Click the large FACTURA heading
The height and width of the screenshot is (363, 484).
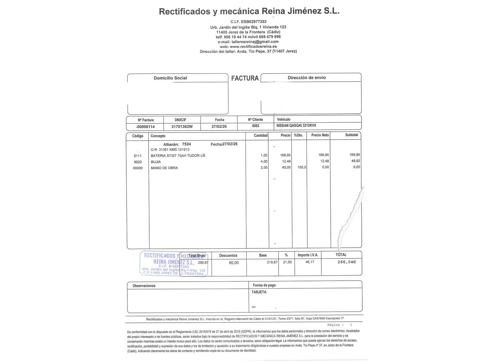(245, 78)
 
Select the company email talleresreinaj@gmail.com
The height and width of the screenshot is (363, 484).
(255, 42)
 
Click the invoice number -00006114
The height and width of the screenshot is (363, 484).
(145, 127)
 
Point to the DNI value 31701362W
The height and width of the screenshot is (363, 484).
(182, 127)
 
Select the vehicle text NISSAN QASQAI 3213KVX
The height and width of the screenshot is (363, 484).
(296, 126)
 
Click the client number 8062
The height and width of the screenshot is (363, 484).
(255, 126)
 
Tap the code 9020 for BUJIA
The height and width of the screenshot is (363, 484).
(138, 162)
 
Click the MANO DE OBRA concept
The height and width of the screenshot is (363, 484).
(164, 168)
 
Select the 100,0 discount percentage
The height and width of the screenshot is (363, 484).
(301, 167)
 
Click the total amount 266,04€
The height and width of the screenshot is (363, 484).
(347, 262)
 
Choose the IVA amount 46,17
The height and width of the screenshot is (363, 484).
(310, 262)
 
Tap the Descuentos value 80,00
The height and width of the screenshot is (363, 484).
(234, 263)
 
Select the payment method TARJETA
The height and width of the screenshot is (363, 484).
(259, 292)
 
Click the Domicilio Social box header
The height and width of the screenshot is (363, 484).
(170, 78)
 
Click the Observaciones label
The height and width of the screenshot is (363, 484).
(144, 286)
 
